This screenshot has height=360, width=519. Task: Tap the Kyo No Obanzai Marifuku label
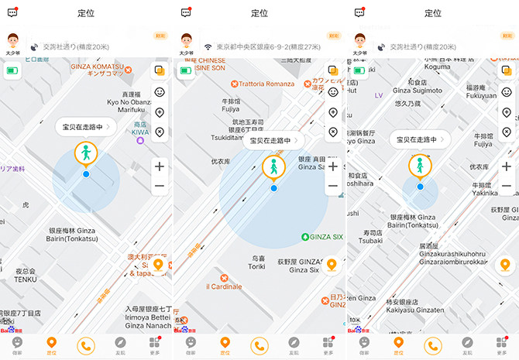(129, 105)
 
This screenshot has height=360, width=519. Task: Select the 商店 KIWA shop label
(140, 128)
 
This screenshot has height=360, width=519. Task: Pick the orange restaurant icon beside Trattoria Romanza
(222, 84)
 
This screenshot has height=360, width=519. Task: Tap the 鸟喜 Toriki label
(258, 262)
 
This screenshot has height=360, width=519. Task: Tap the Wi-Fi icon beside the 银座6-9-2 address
(208, 46)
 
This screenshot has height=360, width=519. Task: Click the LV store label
(379, 96)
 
